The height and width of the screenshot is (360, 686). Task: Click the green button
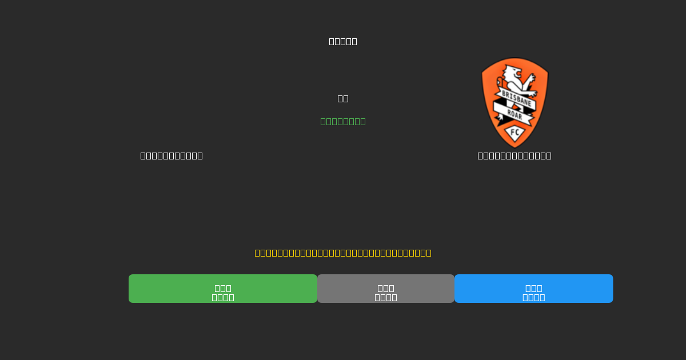coord(223,289)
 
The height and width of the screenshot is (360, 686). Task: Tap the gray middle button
coord(386,289)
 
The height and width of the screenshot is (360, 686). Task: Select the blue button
coord(533,289)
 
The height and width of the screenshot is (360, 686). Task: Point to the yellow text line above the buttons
coord(343,253)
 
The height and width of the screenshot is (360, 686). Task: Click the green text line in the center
coord(343,121)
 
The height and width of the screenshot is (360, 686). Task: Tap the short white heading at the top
coord(343,41)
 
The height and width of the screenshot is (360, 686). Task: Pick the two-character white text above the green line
coord(343,98)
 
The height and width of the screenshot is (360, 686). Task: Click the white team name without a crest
coord(171,155)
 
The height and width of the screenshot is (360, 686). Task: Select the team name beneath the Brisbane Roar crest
coord(514,155)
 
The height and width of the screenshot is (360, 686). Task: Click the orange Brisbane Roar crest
coord(514,103)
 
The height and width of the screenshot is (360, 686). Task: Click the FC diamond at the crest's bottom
coord(514,133)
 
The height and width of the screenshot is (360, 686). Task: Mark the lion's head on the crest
coord(512,73)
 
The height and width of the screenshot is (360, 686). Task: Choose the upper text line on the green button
coord(223,288)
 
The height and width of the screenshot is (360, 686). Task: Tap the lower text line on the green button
coord(223,297)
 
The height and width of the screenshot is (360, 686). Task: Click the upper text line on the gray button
coord(386,288)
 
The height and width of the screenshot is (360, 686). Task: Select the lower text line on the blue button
coord(533,297)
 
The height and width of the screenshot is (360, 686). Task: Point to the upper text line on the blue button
coord(533,288)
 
